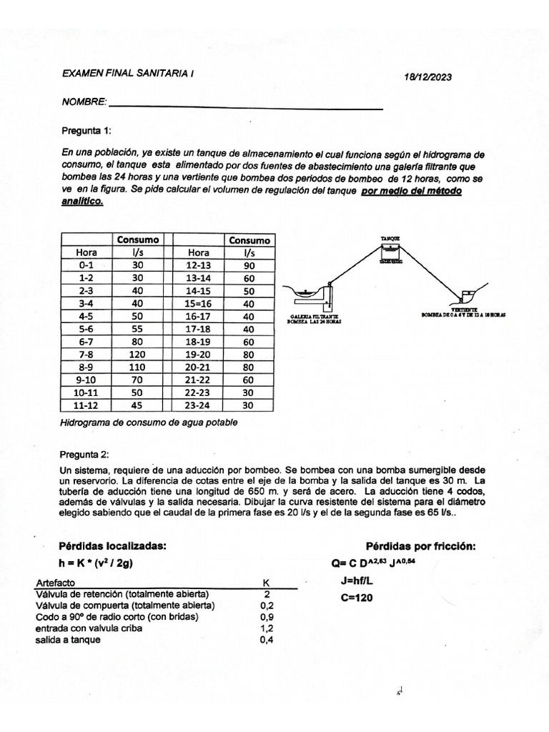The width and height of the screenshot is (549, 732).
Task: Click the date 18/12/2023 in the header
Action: [x=427, y=77]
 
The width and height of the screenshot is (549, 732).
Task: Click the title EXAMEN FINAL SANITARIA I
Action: [x=129, y=74]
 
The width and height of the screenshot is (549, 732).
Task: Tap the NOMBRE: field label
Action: [x=84, y=103]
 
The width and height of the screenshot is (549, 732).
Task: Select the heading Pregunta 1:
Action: [x=88, y=132]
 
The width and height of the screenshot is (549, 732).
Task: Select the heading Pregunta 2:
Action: [x=88, y=454]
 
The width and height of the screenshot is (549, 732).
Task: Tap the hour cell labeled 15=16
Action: [x=198, y=303]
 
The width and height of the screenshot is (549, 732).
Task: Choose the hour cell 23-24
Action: [x=198, y=405]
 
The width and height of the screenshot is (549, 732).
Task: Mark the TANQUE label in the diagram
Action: [x=390, y=238]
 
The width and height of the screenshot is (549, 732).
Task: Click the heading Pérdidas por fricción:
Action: [x=420, y=546]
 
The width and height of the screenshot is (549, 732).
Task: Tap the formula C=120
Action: [x=357, y=598]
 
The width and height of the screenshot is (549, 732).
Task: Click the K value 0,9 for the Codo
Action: [x=267, y=617]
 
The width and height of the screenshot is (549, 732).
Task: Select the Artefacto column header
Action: [x=56, y=583]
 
